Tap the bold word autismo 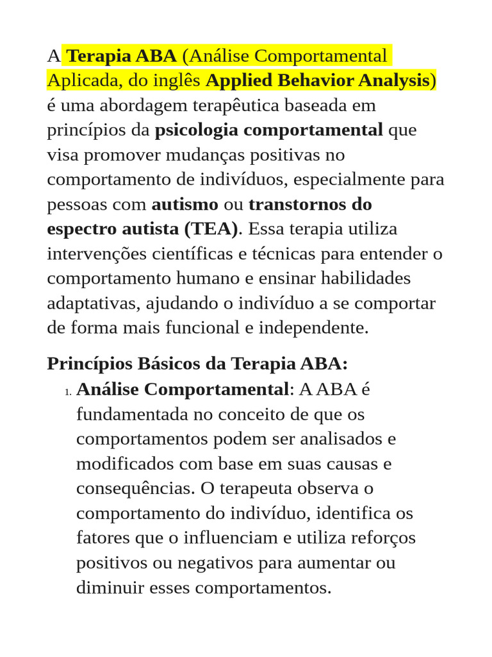tap(184, 205)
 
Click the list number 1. tap(67, 391)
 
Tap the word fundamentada tap(132, 414)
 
